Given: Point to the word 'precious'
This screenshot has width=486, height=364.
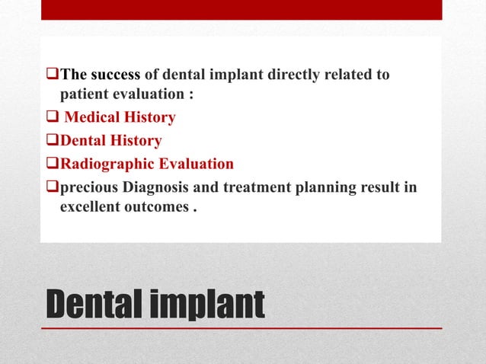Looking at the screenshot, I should (x=85, y=187).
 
